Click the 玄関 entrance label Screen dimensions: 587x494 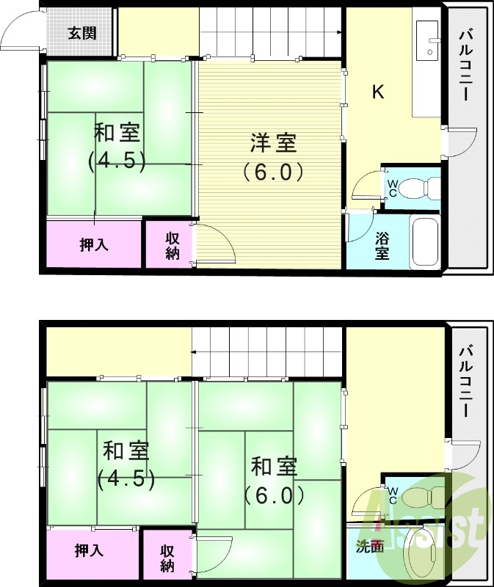81,33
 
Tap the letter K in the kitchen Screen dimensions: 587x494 378,92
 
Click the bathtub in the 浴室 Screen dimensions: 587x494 425,241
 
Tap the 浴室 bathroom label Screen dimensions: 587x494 382,246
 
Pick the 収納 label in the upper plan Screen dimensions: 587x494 172,246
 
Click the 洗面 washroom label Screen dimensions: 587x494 370,547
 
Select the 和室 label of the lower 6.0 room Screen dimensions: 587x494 274,466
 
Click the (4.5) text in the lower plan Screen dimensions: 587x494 126,479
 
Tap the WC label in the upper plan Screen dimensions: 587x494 392,188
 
